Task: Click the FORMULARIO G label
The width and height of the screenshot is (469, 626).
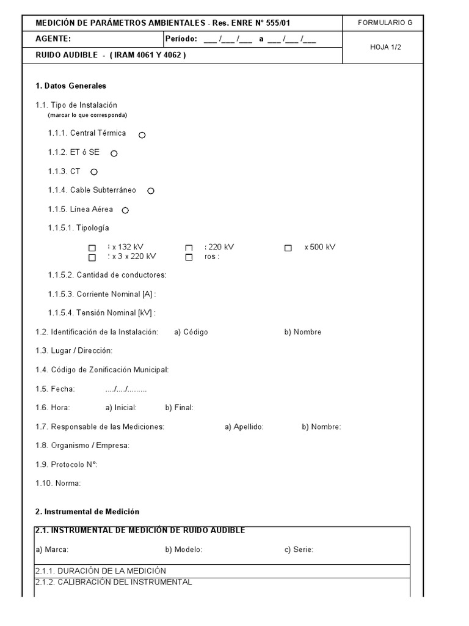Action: coord(385,23)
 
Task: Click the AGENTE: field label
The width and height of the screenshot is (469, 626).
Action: coord(53,39)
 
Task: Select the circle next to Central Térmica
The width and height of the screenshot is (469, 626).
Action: coord(142,134)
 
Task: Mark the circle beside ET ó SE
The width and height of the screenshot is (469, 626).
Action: coord(114,153)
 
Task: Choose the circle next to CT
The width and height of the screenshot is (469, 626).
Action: coord(94,172)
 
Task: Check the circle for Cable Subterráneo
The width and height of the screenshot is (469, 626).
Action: coord(151,191)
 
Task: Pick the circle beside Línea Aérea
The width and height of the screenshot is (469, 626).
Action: coord(125,210)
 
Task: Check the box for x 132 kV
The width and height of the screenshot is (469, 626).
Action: coord(92,248)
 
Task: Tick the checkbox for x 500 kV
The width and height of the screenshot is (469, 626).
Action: coord(288,248)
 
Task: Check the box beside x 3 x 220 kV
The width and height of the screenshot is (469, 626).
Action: coord(92,257)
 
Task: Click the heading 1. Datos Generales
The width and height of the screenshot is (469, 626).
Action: coord(71,86)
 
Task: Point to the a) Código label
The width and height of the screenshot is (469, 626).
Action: coord(191,332)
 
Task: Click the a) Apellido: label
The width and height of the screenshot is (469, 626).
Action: coord(244,427)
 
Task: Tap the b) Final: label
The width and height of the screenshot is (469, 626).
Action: coord(179,407)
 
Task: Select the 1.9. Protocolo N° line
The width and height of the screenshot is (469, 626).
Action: coord(67,465)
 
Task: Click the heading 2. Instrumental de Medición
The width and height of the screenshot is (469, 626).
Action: coord(87,511)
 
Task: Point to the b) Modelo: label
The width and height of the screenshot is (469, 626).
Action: coord(183,550)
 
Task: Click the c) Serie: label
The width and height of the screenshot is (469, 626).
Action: coord(299,550)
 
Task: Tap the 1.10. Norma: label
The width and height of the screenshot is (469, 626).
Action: coord(58,484)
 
